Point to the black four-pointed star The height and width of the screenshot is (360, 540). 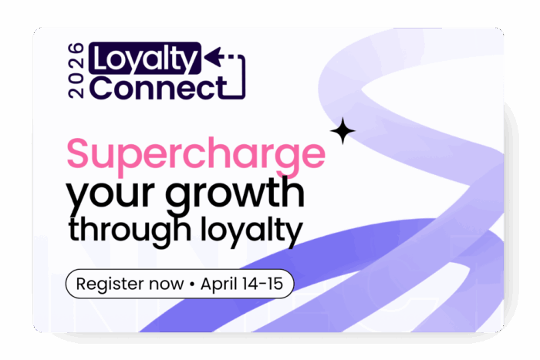pos(343,132)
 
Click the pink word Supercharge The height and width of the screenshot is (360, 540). pos(196,154)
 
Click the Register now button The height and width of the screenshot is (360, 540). pos(180,284)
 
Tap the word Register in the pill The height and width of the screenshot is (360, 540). pos(114,284)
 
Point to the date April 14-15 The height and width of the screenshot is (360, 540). pos(241,284)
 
